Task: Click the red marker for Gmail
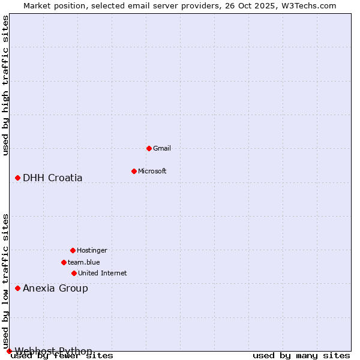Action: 149,148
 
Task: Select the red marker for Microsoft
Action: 134,171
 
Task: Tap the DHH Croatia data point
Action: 17,178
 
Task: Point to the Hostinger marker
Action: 73,250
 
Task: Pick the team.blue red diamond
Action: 64,262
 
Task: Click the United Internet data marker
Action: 74,273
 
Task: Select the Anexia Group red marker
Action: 17,288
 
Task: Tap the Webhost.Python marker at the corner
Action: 9,351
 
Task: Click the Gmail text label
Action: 162,148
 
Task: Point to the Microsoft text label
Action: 152,171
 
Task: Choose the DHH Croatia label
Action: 53,178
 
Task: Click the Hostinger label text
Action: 92,250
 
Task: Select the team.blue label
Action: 84,262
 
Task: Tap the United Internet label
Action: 103,273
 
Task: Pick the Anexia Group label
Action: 55,288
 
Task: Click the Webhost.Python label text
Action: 53,351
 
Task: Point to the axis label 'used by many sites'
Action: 301,356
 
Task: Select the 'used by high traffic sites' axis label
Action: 5,85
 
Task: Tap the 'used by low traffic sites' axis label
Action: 5,281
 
